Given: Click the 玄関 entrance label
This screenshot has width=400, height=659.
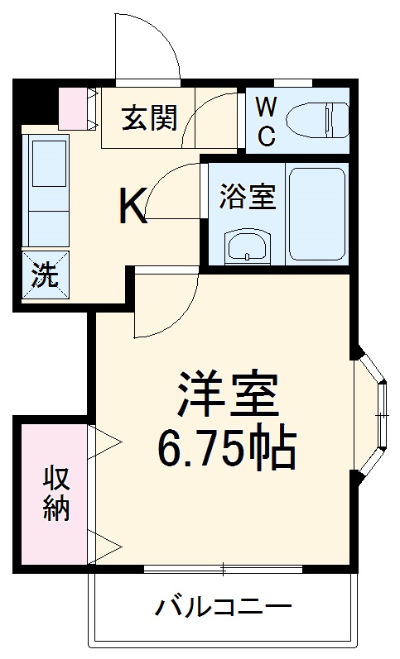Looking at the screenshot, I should pos(149,118).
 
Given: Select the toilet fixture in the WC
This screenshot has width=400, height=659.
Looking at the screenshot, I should pos(319,120).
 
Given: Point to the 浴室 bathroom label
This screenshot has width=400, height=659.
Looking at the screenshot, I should pos(246,198).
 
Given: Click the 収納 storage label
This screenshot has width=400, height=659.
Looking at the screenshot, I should pos(55,493).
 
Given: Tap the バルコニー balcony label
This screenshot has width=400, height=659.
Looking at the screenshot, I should pos(224,609).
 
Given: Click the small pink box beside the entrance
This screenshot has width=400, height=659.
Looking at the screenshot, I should pos(78,107).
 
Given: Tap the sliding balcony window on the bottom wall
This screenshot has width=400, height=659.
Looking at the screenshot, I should pos(224,569).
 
